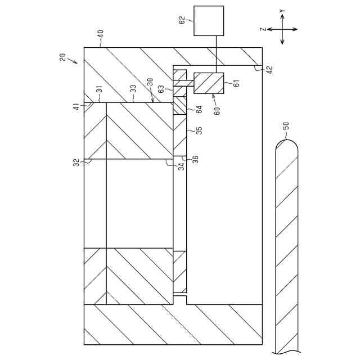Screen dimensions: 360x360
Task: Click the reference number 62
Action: coord(182,21)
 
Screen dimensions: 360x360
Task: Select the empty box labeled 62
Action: coord(208,21)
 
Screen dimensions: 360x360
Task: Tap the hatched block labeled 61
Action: coord(208,83)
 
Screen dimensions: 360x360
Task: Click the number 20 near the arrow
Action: coord(62,57)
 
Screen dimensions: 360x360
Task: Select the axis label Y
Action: coord(282,11)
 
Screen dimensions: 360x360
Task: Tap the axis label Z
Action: coord(262,29)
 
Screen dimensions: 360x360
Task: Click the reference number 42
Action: coord(269,70)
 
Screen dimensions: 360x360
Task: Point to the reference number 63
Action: coord(161,88)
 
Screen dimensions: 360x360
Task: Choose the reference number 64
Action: coord(199,109)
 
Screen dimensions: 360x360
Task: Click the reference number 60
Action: coord(217,109)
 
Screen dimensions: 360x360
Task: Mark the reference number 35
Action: coord(199,130)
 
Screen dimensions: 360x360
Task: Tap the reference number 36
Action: coord(195,159)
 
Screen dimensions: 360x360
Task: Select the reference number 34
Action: coord(181,166)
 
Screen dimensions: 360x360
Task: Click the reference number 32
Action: coord(76,163)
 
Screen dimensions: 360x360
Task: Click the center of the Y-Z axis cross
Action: coord(282,29)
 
